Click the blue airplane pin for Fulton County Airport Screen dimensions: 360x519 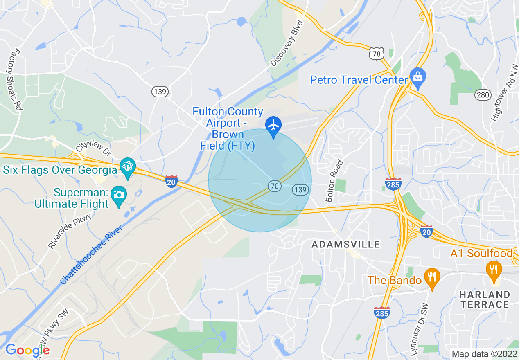[273, 125]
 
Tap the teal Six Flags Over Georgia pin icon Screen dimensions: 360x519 [128, 166]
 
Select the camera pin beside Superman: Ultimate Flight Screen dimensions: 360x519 [119, 195]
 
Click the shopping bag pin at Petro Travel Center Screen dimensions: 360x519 [417, 77]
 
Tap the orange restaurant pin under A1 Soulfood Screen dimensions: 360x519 [494, 270]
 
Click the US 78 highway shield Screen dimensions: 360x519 [376, 54]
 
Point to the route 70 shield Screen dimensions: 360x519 [274, 186]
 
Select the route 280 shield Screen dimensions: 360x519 [483, 95]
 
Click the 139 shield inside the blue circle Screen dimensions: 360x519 [300, 189]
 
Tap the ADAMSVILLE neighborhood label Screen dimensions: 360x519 [346, 245]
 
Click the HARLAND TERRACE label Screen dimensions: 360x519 [484, 299]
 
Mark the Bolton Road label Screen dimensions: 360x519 [334, 180]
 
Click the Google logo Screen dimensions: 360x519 [27, 350]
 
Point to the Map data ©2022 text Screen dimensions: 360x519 [483, 354]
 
